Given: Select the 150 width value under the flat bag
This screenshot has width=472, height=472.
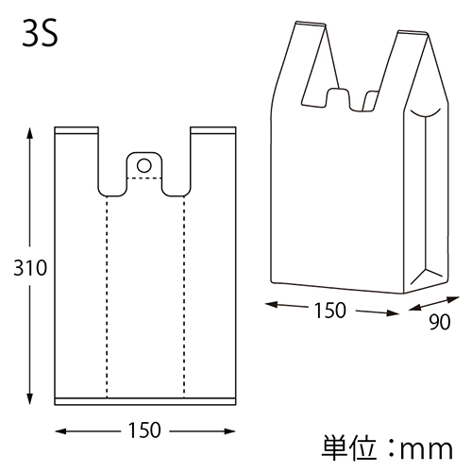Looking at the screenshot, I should pyautogui.click(x=143, y=430).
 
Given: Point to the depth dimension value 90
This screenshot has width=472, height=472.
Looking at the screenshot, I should pyautogui.click(x=440, y=322).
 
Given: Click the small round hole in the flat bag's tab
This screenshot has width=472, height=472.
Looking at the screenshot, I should pyautogui.click(x=144, y=165).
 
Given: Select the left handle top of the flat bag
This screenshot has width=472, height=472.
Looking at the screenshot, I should pyautogui.click(x=76, y=129).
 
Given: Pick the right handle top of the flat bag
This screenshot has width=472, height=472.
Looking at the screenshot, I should pyautogui.click(x=212, y=129).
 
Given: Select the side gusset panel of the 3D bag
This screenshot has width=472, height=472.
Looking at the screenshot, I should pyautogui.click(x=424, y=198).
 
